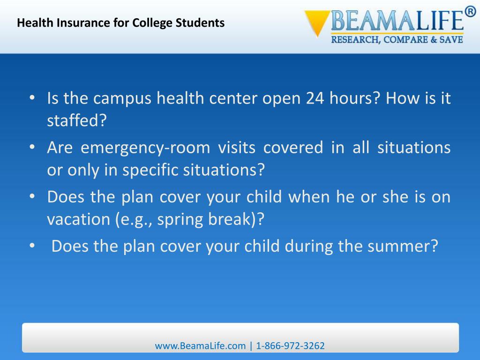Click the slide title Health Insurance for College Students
tap(121, 22)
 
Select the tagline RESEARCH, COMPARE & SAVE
tap(397, 40)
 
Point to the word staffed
tap(77, 121)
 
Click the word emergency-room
tap(145, 148)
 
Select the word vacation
tap(78, 220)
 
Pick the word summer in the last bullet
tap(402, 246)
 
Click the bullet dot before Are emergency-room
tap(31, 148)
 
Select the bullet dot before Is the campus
tap(31, 98)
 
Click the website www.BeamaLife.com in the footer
tap(200, 346)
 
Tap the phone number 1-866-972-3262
tap(290, 346)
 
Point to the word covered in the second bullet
tap(293, 148)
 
